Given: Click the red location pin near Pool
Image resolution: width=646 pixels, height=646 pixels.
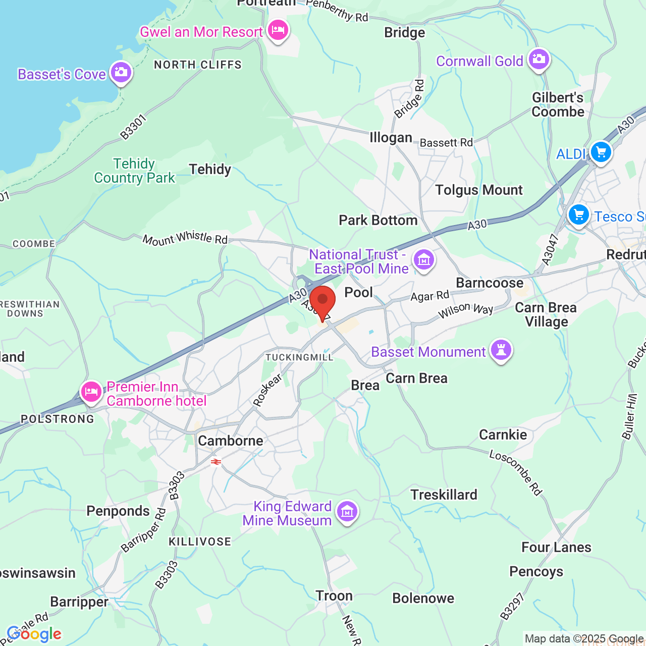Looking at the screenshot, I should (322, 301).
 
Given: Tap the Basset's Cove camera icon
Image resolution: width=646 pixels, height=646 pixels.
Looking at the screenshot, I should (121, 72).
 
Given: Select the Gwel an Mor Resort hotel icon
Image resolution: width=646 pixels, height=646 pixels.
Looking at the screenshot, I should (278, 30).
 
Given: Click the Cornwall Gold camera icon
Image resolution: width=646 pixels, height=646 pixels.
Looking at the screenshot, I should (539, 59).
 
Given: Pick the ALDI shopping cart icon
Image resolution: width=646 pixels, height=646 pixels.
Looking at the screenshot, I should (601, 151).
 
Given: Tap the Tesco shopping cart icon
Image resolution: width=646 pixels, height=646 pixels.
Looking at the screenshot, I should (578, 215).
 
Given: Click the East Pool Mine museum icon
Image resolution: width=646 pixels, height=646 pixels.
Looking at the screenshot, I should (424, 260).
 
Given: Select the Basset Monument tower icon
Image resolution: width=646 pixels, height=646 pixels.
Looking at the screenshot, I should (501, 349).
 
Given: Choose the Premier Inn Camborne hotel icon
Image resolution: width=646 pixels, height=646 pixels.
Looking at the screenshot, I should (91, 392).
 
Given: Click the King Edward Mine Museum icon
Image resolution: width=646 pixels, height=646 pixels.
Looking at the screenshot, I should (347, 511).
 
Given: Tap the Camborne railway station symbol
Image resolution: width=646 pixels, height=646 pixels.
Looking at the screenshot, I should (216, 462).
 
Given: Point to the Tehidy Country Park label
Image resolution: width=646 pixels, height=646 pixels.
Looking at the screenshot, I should (134, 171).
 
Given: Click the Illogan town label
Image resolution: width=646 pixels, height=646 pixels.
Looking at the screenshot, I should (391, 138).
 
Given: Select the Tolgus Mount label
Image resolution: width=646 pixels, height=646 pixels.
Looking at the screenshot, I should (478, 190).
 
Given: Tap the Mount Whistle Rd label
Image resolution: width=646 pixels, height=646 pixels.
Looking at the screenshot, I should (185, 238).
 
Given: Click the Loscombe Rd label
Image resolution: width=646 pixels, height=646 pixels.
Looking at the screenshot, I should (516, 472).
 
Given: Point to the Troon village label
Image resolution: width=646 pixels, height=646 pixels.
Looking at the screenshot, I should (334, 596).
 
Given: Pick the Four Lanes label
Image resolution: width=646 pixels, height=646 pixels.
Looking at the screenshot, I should (556, 548).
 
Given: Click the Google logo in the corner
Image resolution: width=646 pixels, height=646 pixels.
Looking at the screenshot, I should (34, 634).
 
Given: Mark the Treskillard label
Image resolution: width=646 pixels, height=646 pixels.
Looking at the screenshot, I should (444, 495).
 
